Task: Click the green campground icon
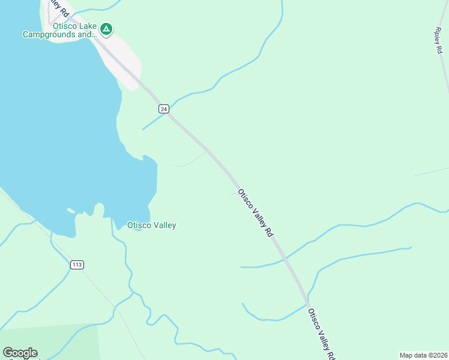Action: (x=106, y=28)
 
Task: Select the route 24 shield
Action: (x=164, y=109)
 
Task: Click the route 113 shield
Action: (x=76, y=265)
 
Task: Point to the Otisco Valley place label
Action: (x=151, y=226)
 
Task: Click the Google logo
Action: (x=20, y=352)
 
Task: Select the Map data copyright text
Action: (x=423, y=355)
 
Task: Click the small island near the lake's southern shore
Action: (x=71, y=211)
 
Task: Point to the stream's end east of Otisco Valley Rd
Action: (x=410, y=247)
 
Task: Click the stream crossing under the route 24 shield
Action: (x=157, y=119)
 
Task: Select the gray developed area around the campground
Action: (x=123, y=60)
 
